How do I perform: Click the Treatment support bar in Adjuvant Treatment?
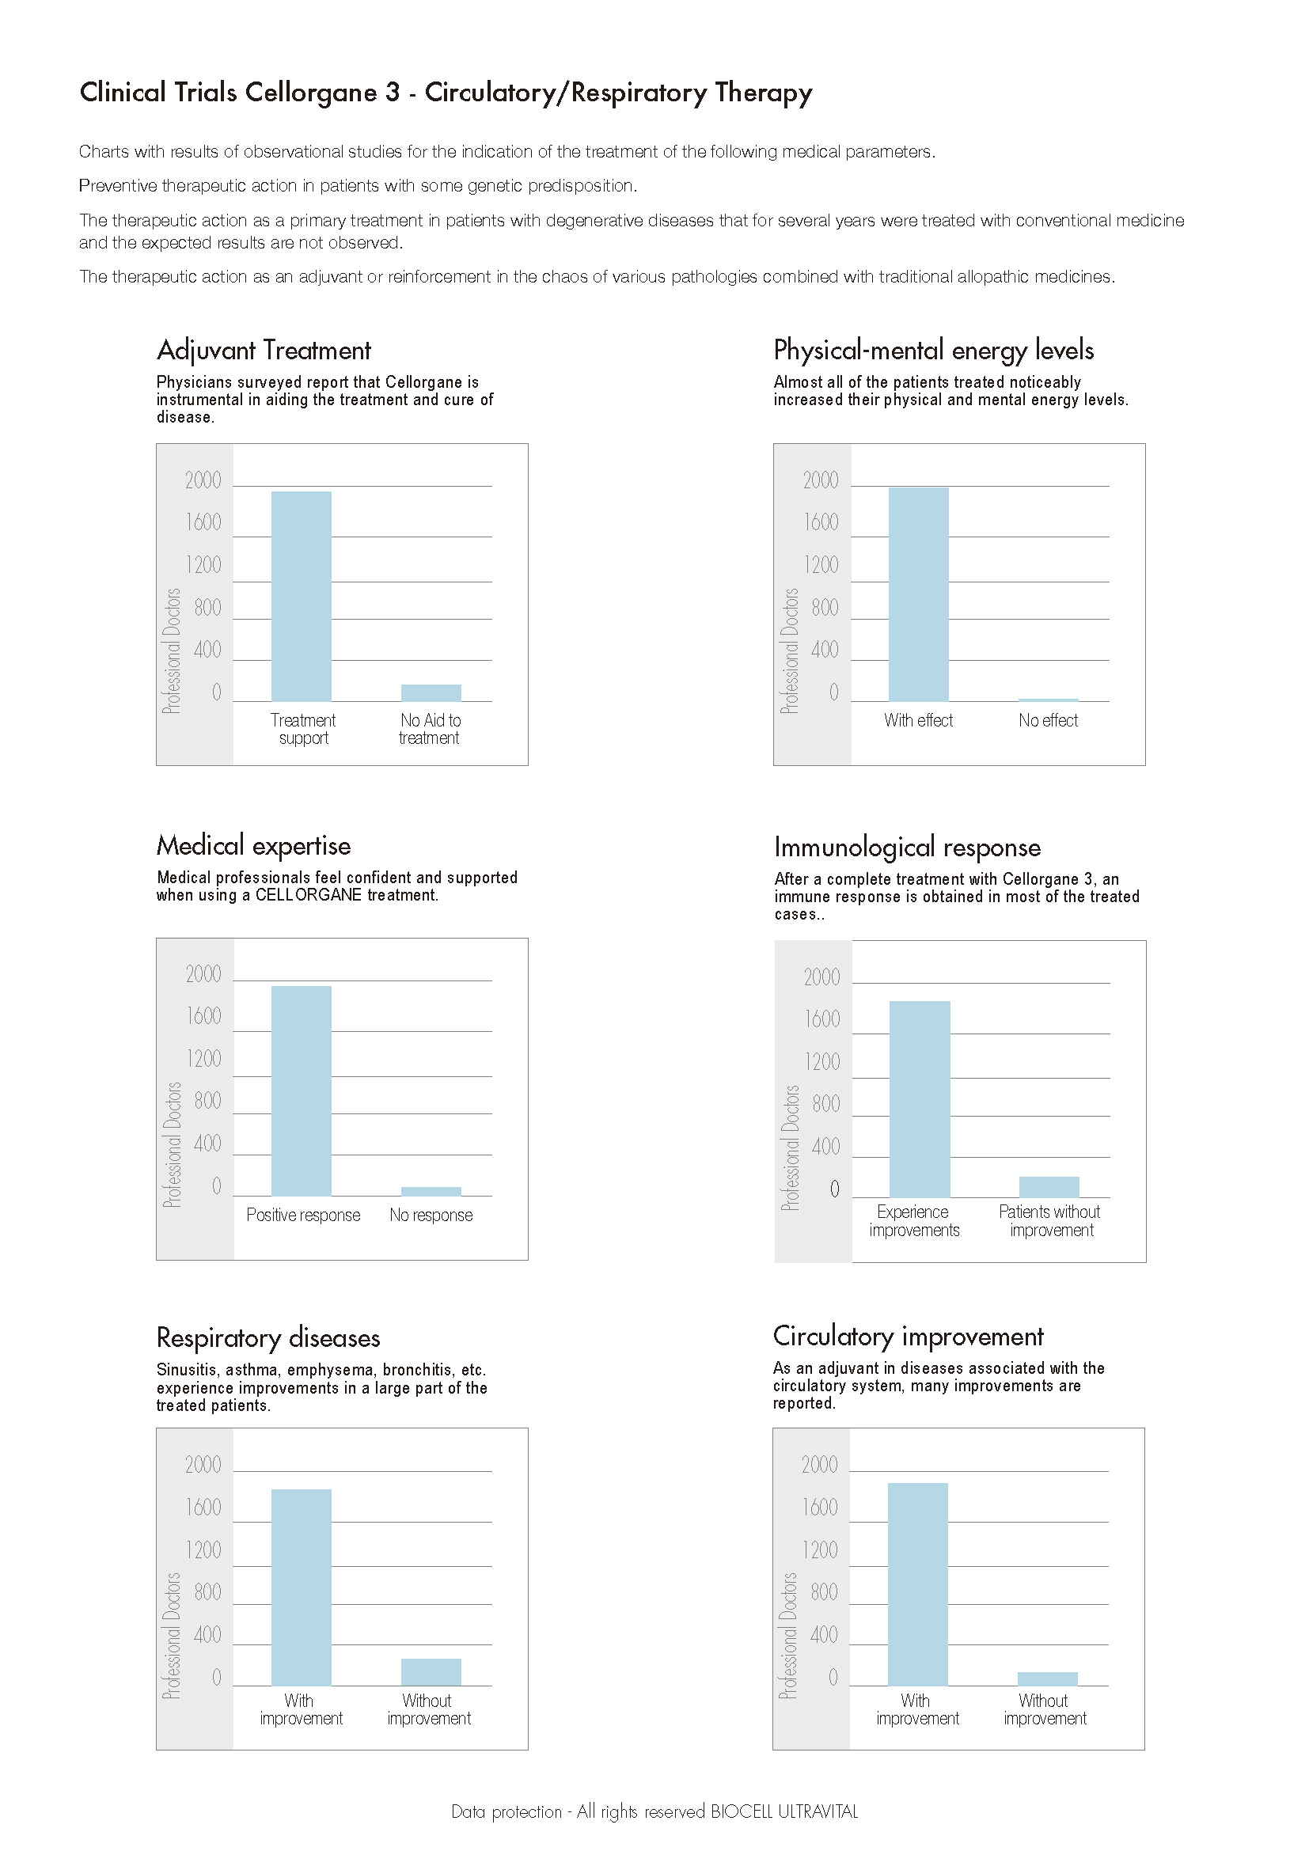301,596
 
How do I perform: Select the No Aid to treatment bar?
431,692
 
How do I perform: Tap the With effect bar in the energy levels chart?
918,594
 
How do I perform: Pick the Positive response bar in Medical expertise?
301,1090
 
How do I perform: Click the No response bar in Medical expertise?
431,1191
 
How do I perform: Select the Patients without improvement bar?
1049,1187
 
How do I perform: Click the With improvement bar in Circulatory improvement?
917,1584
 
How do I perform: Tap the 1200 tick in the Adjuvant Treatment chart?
203,564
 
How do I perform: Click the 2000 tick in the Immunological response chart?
821,977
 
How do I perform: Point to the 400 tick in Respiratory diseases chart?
207,1634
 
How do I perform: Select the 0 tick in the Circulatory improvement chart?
833,1677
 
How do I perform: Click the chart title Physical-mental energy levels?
932,351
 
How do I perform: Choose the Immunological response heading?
907,847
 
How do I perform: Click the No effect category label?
1048,720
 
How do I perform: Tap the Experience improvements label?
913,1220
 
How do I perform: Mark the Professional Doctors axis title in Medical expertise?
172,1144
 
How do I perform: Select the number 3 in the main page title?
392,93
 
